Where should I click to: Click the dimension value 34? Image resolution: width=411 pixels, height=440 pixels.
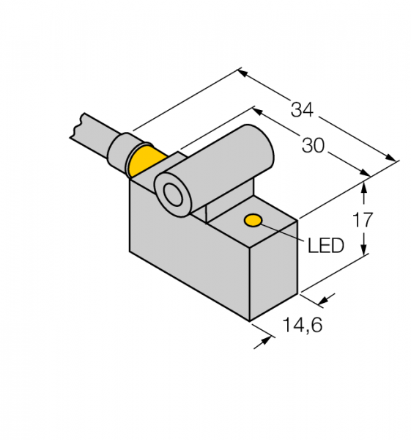click(303, 110)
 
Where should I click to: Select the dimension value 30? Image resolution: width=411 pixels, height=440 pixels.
click(313, 146)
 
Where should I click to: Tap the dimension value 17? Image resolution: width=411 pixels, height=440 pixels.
click(363, 219)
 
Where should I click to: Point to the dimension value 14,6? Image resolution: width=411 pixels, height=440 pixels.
click(303, 325)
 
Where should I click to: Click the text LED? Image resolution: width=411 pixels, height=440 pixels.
click(326, 246)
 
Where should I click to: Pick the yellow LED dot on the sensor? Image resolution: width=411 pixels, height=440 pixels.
click(253, 220)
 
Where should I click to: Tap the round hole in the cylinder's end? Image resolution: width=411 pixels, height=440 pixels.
click(174, 195)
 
